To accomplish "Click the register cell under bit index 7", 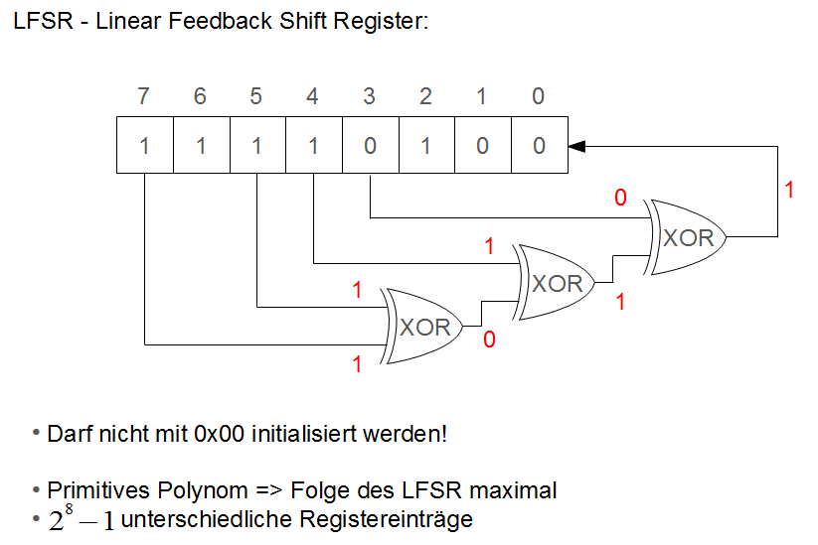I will pyautogui.click(x=144, y=146).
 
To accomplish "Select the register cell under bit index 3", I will pyautogui.click(x=370, y=146).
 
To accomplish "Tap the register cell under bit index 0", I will pyautogui.click(x=539, y=146).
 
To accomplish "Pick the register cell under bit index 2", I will pyautogui.click(x=425, y=146).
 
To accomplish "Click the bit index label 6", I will pyautogui.click(x=200, y=96).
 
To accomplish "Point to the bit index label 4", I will pyautogui.click(x=313, y=96).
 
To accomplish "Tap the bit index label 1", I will pyautogui.click(x=482, y=96).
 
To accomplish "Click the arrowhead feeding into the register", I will pyautogui.click(x=576, y=146).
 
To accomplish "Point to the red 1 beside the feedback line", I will pyautogui.click(x=789, y=189).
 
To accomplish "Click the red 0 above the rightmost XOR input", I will pyautogui.click(x=620, y=199).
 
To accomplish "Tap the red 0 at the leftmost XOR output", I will pyautogui.click(x=488, y=340).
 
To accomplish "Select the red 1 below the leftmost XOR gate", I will pyautogui.click(x=358, y=364).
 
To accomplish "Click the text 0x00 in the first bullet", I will pyautogui.click(x=226, y=434).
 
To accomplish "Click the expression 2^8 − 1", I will pyautogui.click(x=82, y=519).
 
